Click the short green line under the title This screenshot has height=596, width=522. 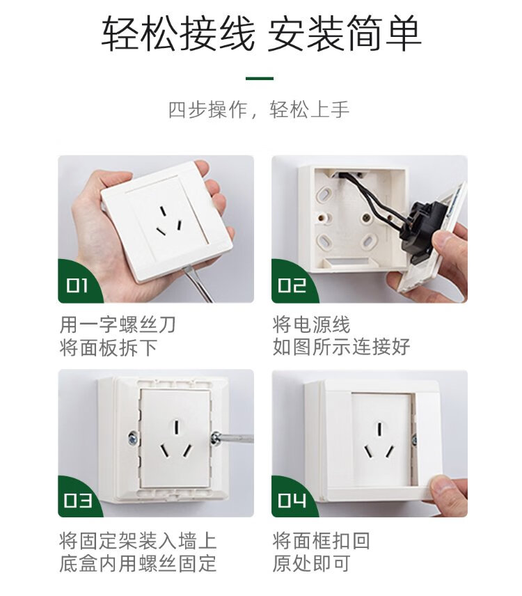[260, 79]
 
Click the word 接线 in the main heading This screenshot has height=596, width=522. [216, 33]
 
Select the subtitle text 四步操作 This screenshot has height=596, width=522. [208, 110]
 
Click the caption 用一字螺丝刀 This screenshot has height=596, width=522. [118, 324]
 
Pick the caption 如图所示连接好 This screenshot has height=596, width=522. [341, 347]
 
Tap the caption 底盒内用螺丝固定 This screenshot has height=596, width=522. [138, 563]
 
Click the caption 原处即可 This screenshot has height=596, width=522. [312, 563]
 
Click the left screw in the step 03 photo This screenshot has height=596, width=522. [133, 439]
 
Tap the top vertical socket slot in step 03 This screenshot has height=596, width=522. [177, 427]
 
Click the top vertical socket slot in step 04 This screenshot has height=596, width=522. [379, 429]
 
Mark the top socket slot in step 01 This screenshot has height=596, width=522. [163, 212]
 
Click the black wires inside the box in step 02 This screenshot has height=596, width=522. [374, 198]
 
